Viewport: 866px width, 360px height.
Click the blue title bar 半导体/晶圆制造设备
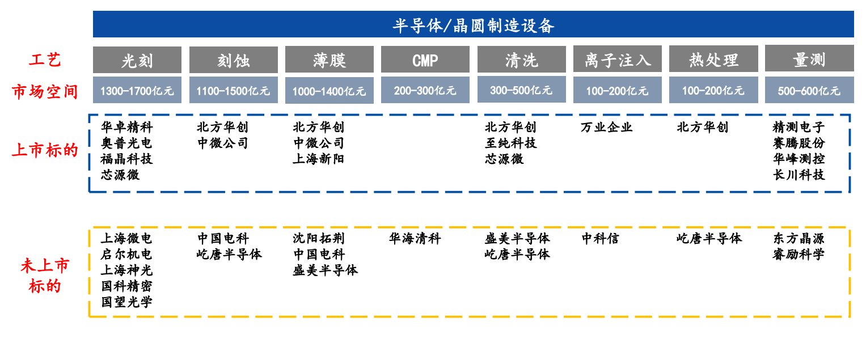[x=473, y=24]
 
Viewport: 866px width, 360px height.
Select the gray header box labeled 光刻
[x=137, y=60]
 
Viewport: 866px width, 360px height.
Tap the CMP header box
[x=425, y=60]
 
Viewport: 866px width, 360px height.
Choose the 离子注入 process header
[x=618, y=59]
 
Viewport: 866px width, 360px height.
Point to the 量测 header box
[x=809, y=58]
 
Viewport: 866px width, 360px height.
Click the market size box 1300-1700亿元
[x=137, y=90]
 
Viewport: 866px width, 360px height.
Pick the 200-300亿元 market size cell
[x=425, y=90]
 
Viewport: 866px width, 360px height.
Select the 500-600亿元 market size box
[x=809, y=90]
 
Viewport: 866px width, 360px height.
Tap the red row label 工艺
[x=45, y=60]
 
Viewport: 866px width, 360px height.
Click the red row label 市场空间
[x=45, y=92]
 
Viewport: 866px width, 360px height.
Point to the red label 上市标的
[x=45, y=150]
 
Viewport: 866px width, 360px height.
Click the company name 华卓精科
[x=127, y=127]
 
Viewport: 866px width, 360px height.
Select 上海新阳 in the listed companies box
[x=319, y=159]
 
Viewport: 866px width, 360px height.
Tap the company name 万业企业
[x=607, y=127]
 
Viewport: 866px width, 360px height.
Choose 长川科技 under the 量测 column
[x=799, y=175]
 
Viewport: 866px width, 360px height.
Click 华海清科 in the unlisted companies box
[x=415, y=238]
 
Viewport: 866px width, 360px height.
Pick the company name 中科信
[x=601, y=238]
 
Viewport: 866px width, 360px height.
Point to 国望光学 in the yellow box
[x=127, y=302]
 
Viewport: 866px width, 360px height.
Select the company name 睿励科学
[x=799, y=254]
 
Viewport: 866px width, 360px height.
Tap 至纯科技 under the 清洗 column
[x=511, y=143]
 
